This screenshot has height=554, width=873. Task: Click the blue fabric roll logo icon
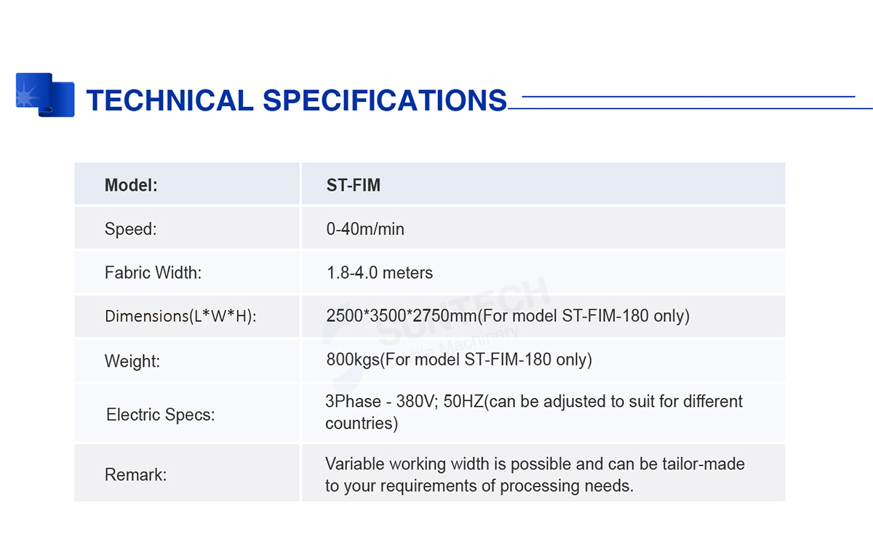click(45, 95)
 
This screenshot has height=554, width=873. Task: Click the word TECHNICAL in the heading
click(170, 100)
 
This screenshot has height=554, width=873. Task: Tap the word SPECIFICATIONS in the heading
click(385, 100)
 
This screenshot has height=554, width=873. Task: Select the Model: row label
click(131, 185)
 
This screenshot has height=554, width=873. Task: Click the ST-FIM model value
click(353, 185)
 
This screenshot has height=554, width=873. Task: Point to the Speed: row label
click(130, 229)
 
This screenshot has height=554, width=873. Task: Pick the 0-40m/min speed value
click(365, 229)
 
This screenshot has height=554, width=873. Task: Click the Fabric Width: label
click(154, 272)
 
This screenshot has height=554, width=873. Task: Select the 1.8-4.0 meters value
click(380, 272)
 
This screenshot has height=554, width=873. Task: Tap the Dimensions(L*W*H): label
click(181, 316)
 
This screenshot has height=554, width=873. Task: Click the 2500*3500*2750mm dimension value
click(402, 316)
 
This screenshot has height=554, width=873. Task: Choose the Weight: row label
click(132, 361)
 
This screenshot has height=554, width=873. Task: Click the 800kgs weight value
click(353, 360)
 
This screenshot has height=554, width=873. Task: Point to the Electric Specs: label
click(160, 414)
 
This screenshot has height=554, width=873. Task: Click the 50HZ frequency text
click(463, 402)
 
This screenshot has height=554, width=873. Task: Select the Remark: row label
click(135, 475)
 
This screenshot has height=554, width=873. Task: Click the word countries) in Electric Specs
click(362, 424)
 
